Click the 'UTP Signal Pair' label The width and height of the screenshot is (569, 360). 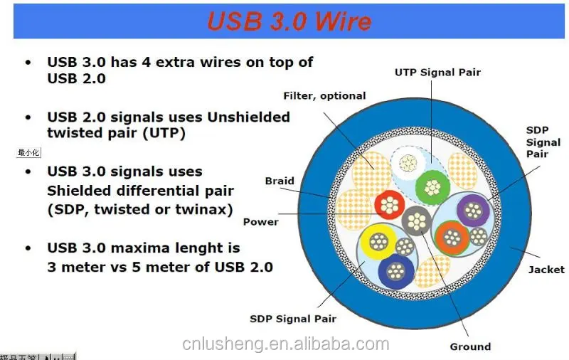tap(438, 73)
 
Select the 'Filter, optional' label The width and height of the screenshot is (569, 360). tap(324, 96)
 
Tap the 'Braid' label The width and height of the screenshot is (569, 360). tap(280, 181)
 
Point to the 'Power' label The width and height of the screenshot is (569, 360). tap(261, 221)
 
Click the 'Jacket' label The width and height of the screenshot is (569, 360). tap(546, 270)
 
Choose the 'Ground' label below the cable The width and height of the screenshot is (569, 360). tap(470, 346)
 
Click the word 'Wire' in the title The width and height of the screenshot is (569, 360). tap(338, 21)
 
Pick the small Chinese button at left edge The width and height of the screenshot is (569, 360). tap(30, 152)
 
